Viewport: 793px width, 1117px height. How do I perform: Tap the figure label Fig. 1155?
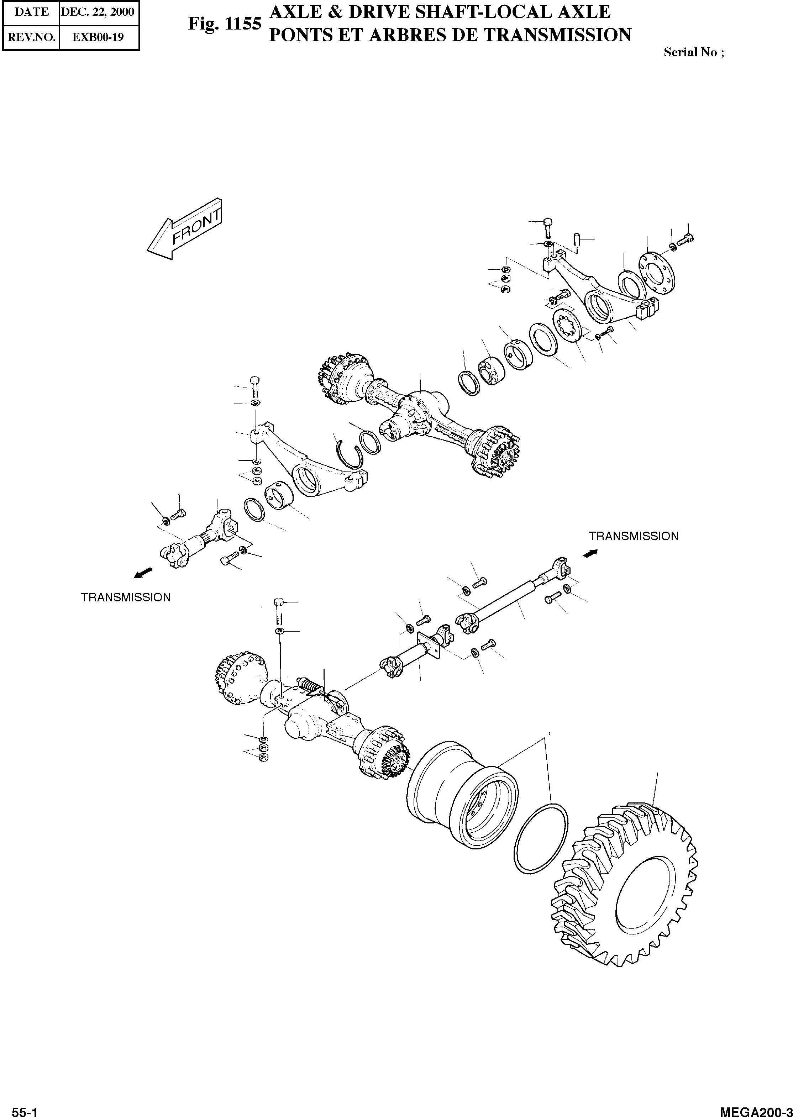tap(225, 24)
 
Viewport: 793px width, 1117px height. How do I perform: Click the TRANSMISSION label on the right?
tap(633, 536)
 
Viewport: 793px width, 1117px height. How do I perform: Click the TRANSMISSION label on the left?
tap(126, 597)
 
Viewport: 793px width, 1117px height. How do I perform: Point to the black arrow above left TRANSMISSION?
tap(143, 573)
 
